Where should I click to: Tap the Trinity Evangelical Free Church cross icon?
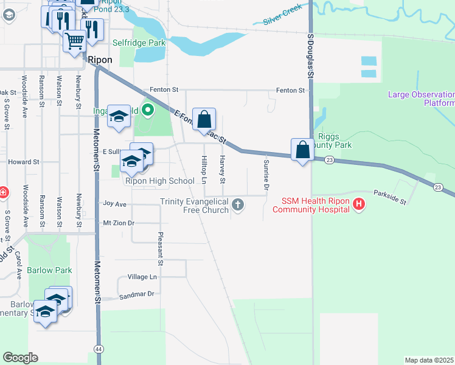(x=238, y=206)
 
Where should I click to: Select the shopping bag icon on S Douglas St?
(x=302, y=149)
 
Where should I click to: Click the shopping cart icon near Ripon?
(x=74, y=41)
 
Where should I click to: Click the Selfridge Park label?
(x=139, y=43)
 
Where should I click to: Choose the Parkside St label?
(x=390, y=196)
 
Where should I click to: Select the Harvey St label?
(x=223, y=170)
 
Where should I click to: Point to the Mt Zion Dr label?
(x=118, y=223)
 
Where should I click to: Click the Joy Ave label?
(x=114, y=204)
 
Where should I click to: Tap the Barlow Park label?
(x=50, y=270)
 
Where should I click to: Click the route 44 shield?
(x=98, y=348)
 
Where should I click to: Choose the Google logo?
(x=20, y=357)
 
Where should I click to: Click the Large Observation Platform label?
(x=422, y=99)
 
